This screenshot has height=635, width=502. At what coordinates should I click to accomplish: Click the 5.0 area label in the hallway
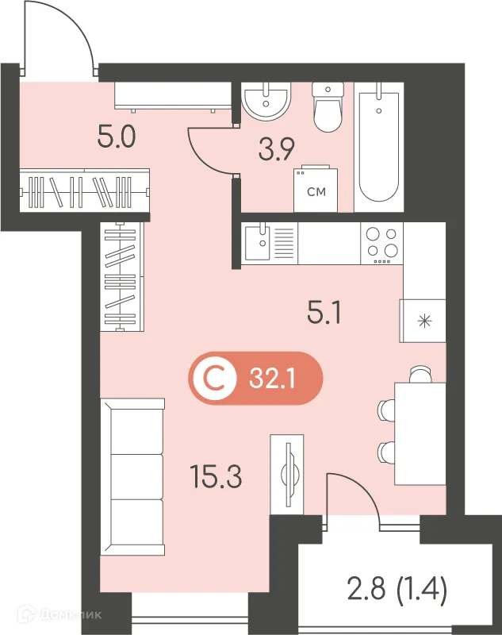[x=117, y=139]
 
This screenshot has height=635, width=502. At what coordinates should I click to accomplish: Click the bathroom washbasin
[x=266, y=101]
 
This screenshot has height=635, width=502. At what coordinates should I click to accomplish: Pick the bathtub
[x=378, y=147]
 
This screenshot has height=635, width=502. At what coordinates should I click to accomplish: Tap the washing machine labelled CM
[x=315, y=189]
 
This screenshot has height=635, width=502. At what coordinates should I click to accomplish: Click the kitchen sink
[x=259, y=243]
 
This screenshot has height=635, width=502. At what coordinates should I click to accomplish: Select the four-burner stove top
[x=381, y=243]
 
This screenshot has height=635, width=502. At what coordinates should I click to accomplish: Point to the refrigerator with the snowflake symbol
[x=425, y=321]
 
